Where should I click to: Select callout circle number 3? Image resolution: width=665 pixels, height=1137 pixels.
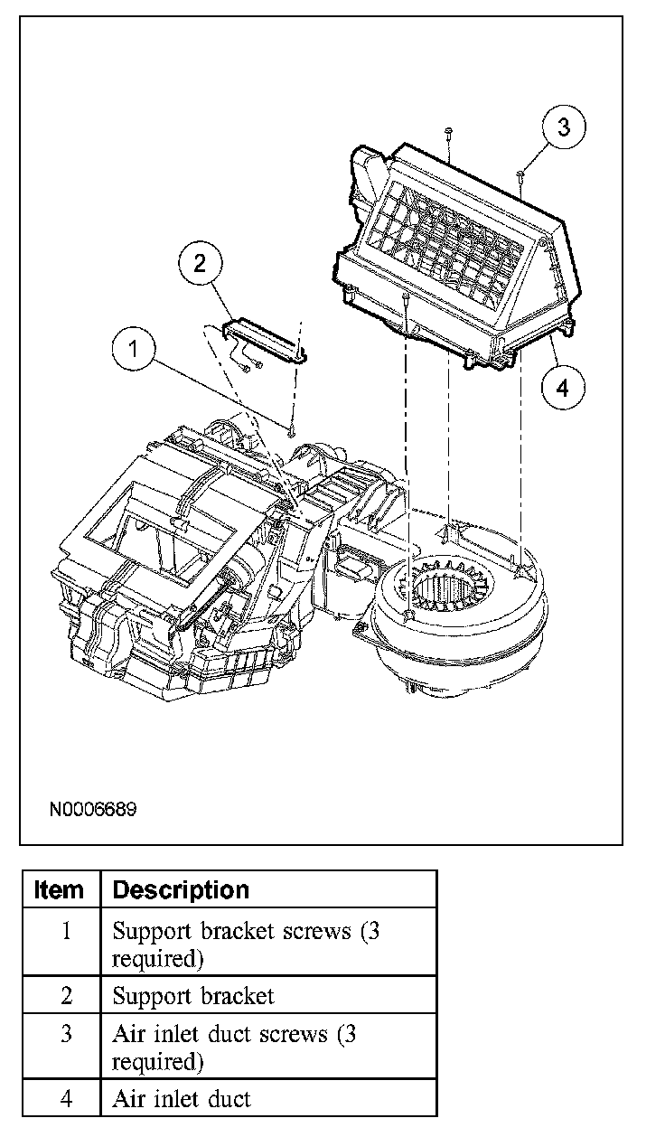tap(564, 127)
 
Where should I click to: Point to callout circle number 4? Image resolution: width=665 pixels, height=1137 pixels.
tap(563, 388)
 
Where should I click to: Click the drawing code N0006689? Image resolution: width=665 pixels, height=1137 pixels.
tap(93, 809)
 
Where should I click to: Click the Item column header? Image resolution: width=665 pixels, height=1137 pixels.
tap(60, 890)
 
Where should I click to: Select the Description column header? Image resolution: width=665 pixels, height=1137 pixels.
tap(181, 890)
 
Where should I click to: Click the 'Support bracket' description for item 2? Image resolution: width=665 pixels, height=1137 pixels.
tap(192, 996)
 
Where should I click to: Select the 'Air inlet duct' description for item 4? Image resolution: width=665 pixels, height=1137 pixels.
tap(182, 1099)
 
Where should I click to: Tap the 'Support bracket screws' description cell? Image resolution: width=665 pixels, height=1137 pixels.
tap(246, 944)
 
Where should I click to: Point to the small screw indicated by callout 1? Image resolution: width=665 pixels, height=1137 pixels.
tap(292, 430)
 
